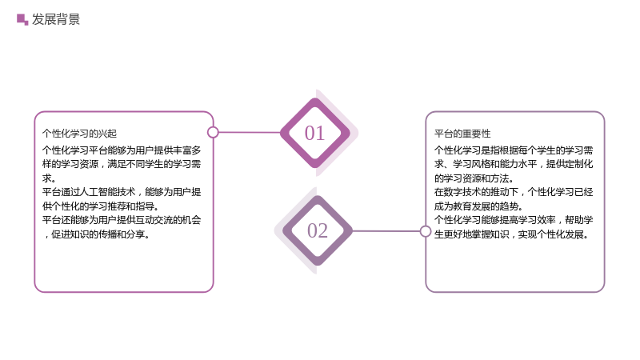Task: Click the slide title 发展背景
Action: (x=56, y=19)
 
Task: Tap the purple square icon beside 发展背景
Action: (x=22, y=19)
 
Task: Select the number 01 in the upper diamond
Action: (x=314, y=133)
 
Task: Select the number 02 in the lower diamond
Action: (x=318, y=230)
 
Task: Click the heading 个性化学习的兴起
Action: (x=79, y=134)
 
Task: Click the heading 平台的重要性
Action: (x=462, y=134)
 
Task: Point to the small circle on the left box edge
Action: (x=213, y=132)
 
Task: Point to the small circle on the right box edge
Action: (x=426, y=231)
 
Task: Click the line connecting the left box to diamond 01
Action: (x=250, y=132)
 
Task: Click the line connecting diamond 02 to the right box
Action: (x=386, y=231)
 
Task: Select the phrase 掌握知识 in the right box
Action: (x=490, y=234)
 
